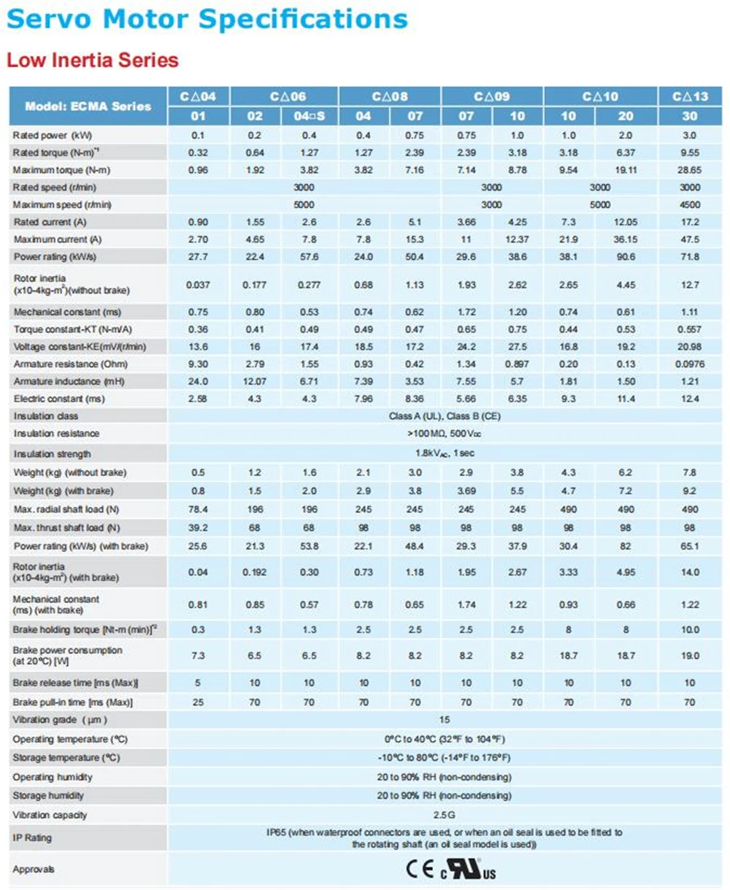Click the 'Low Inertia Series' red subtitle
click(x=93, y=59)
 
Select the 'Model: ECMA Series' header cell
click(x=88, y=106)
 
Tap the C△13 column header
click(x=690, y=96)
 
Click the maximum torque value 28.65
click(x=690, y=169)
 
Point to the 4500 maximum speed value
click(x=690, y=204)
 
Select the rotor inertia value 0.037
click(x=199, y=285)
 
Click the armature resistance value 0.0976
click(x=690, y=364)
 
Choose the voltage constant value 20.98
click(x=690, y=346)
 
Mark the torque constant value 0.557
click(x=690, y=329)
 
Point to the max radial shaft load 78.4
click(x=199, y=508)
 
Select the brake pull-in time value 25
click(x=199, y=702)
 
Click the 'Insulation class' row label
click(x=45, y=415)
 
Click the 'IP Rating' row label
click(x=31, y=838)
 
